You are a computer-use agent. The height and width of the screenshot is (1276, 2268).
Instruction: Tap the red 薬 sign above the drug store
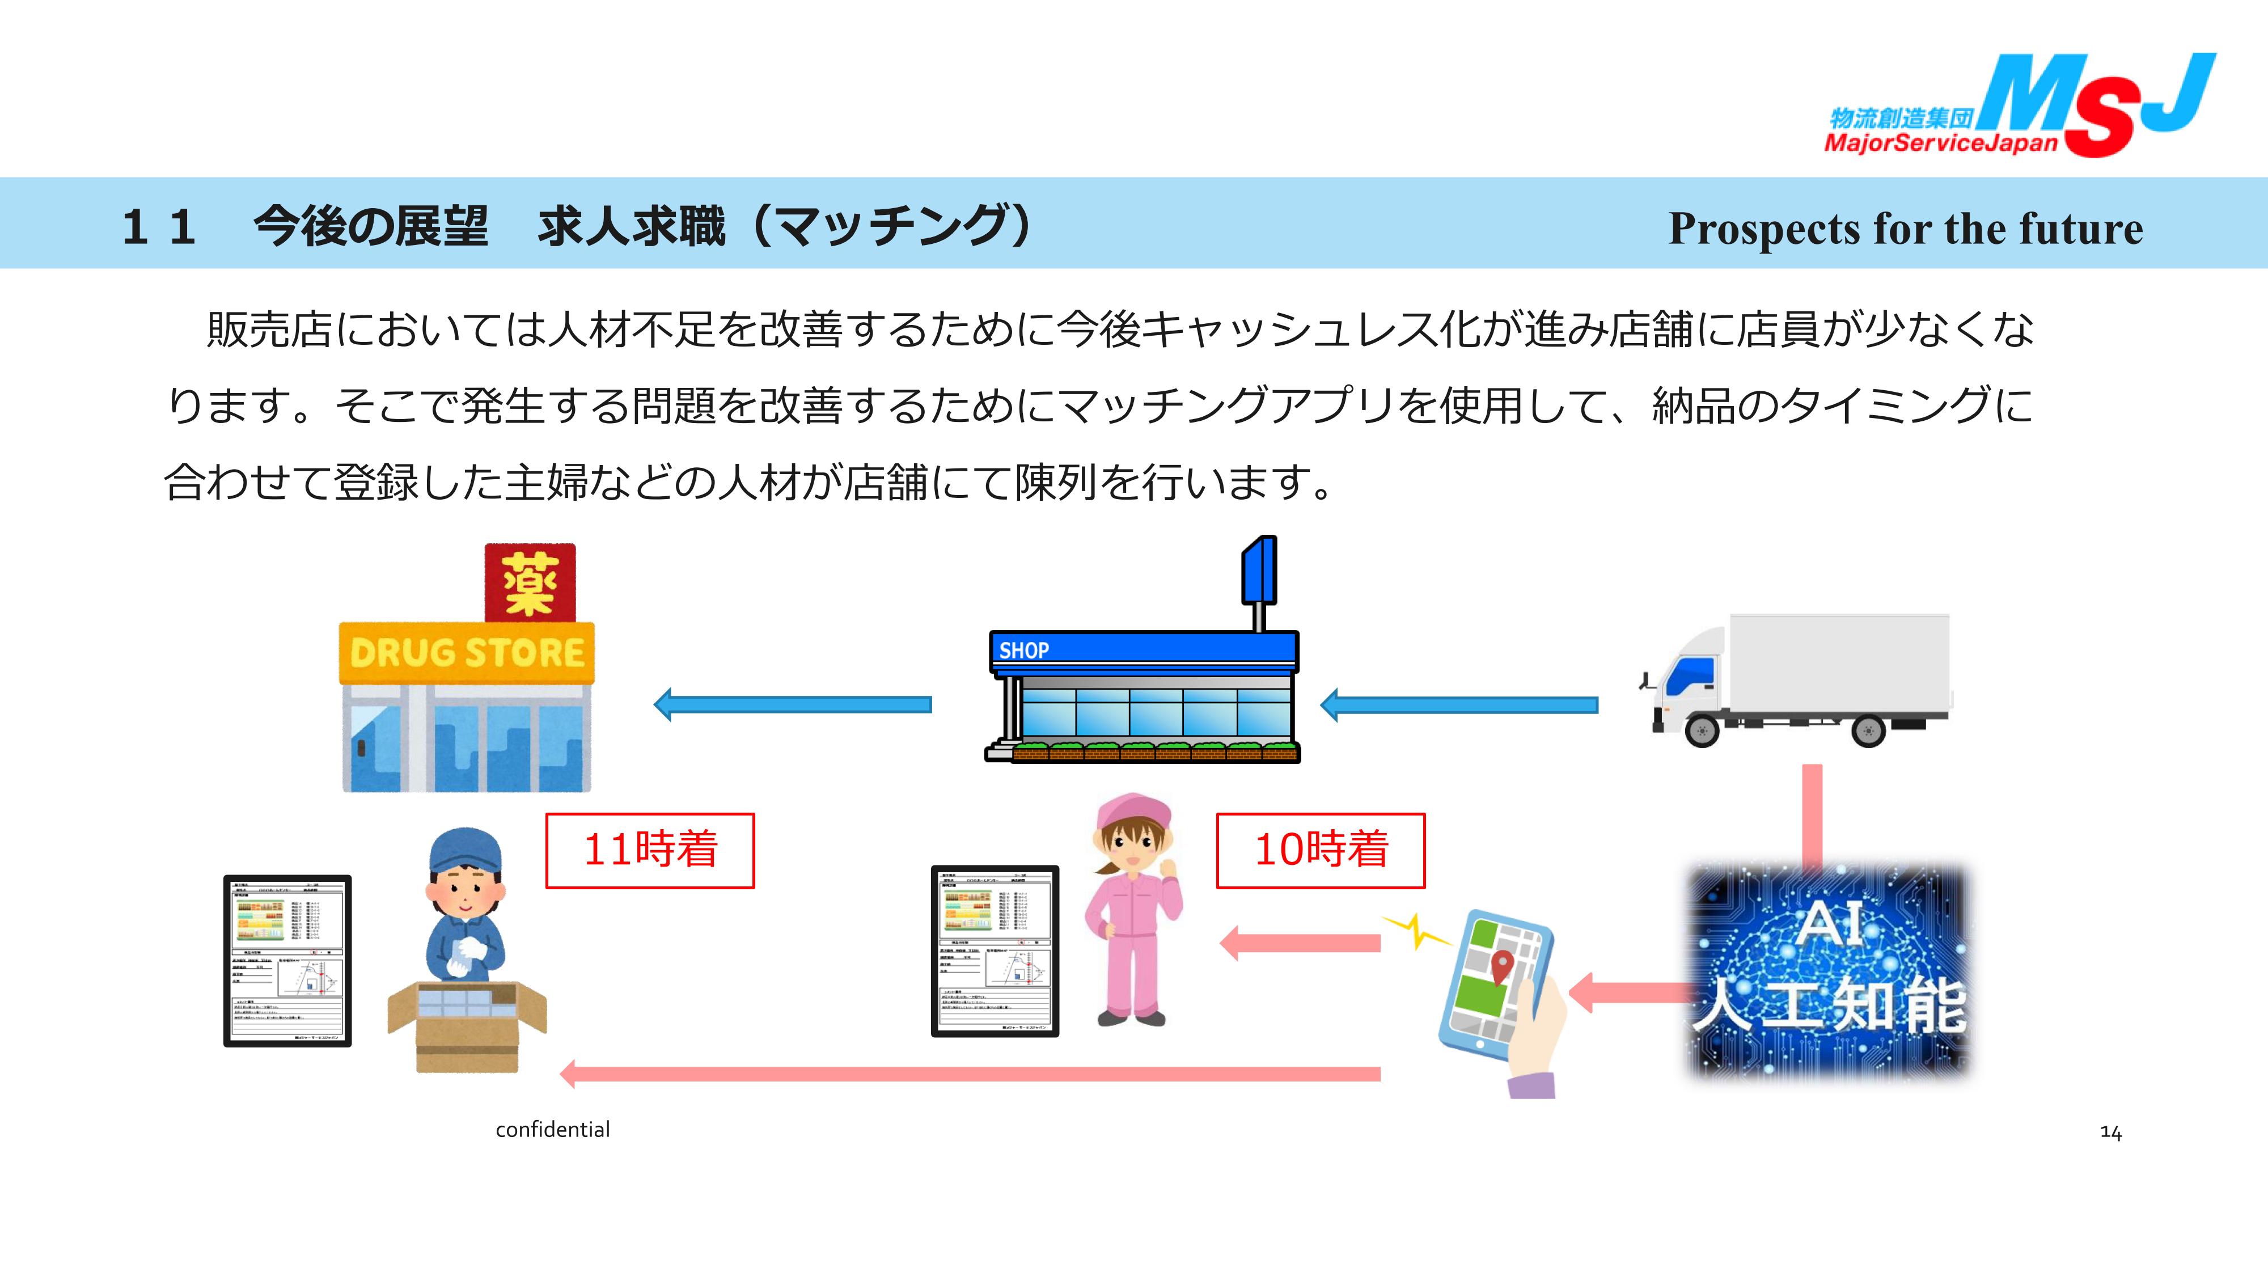point(530,583)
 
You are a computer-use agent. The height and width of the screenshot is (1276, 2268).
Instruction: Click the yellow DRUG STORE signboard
point(467,653)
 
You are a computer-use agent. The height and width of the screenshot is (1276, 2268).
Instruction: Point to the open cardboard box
point(467,1026)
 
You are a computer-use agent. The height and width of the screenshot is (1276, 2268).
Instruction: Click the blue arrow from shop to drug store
point(793,704)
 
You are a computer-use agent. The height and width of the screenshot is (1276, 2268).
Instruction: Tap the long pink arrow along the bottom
point(968,1074)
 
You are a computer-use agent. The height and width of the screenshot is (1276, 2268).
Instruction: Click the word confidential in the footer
point(552,1130)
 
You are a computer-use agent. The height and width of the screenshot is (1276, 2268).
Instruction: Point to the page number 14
point(2110,1133)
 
